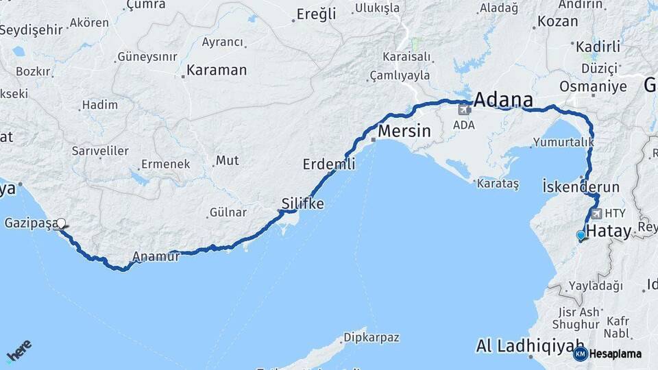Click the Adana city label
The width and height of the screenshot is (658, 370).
point(503,99)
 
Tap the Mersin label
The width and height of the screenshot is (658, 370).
point(404,131)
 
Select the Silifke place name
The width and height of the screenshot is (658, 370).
point(302,203)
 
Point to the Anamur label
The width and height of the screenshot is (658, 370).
point(156,257)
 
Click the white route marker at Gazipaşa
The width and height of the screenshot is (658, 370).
point(62,223)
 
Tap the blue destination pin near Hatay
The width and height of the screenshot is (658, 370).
point(581,236)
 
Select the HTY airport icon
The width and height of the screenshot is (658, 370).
point(596,214)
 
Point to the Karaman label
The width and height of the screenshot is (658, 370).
point(216,70)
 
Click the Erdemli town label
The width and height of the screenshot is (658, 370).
point(329,164)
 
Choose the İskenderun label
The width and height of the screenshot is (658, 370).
point(581,186)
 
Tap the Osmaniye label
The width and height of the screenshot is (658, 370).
point(593,86)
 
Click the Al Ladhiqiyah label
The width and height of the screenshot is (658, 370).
point(531,345)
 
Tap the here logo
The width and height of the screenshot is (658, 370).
point(19,351)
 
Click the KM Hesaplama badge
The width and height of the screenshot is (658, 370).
point(608,354)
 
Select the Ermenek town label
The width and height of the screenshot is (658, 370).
point(164,164)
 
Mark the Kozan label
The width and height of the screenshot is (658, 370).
point(557,21)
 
